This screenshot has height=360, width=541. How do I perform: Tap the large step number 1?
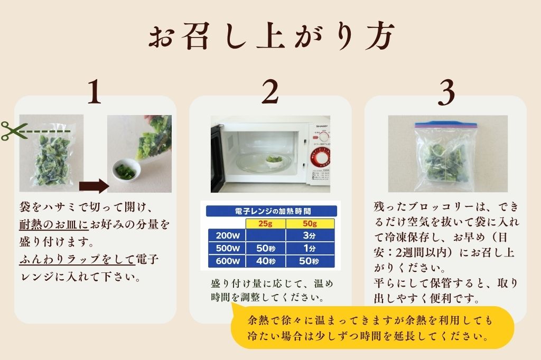[95, 93]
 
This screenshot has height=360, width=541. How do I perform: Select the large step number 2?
[270, 93]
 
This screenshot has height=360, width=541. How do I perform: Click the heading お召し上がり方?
[270, 37]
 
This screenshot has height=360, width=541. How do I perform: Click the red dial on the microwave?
[321, 157]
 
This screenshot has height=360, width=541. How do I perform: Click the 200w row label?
[224, 235]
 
